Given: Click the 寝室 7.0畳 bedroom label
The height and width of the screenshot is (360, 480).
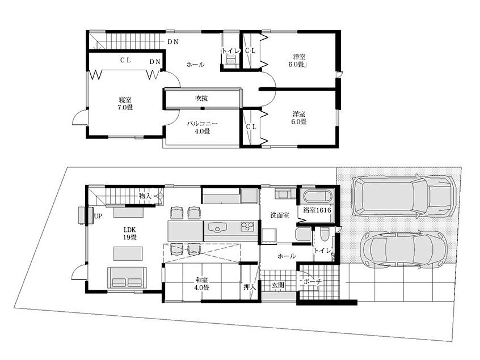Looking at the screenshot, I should (125, 103).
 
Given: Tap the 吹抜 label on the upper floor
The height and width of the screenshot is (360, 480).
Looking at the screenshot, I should (201, 99).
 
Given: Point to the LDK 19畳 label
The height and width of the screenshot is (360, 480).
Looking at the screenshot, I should (130, 233).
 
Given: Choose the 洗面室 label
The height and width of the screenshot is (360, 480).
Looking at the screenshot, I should (280, 215).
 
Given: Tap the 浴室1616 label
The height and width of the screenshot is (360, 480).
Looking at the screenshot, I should (317, 210).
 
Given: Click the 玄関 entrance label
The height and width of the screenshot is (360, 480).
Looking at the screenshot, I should (277, 285).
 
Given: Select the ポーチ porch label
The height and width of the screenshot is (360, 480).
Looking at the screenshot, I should (313, 282).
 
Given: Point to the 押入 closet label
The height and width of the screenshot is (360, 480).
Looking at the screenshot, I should (250, 287).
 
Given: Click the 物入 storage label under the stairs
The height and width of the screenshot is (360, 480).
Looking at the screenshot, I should (146, 196).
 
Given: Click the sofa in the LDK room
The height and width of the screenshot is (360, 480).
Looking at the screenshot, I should (127, 278).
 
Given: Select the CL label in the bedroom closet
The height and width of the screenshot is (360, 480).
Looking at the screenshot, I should (126, 60).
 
